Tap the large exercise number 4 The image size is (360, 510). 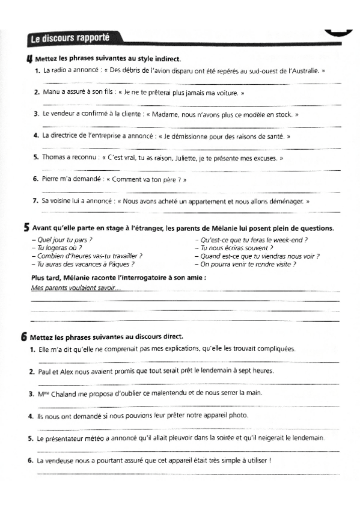29,58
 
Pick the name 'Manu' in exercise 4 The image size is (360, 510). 52,93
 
